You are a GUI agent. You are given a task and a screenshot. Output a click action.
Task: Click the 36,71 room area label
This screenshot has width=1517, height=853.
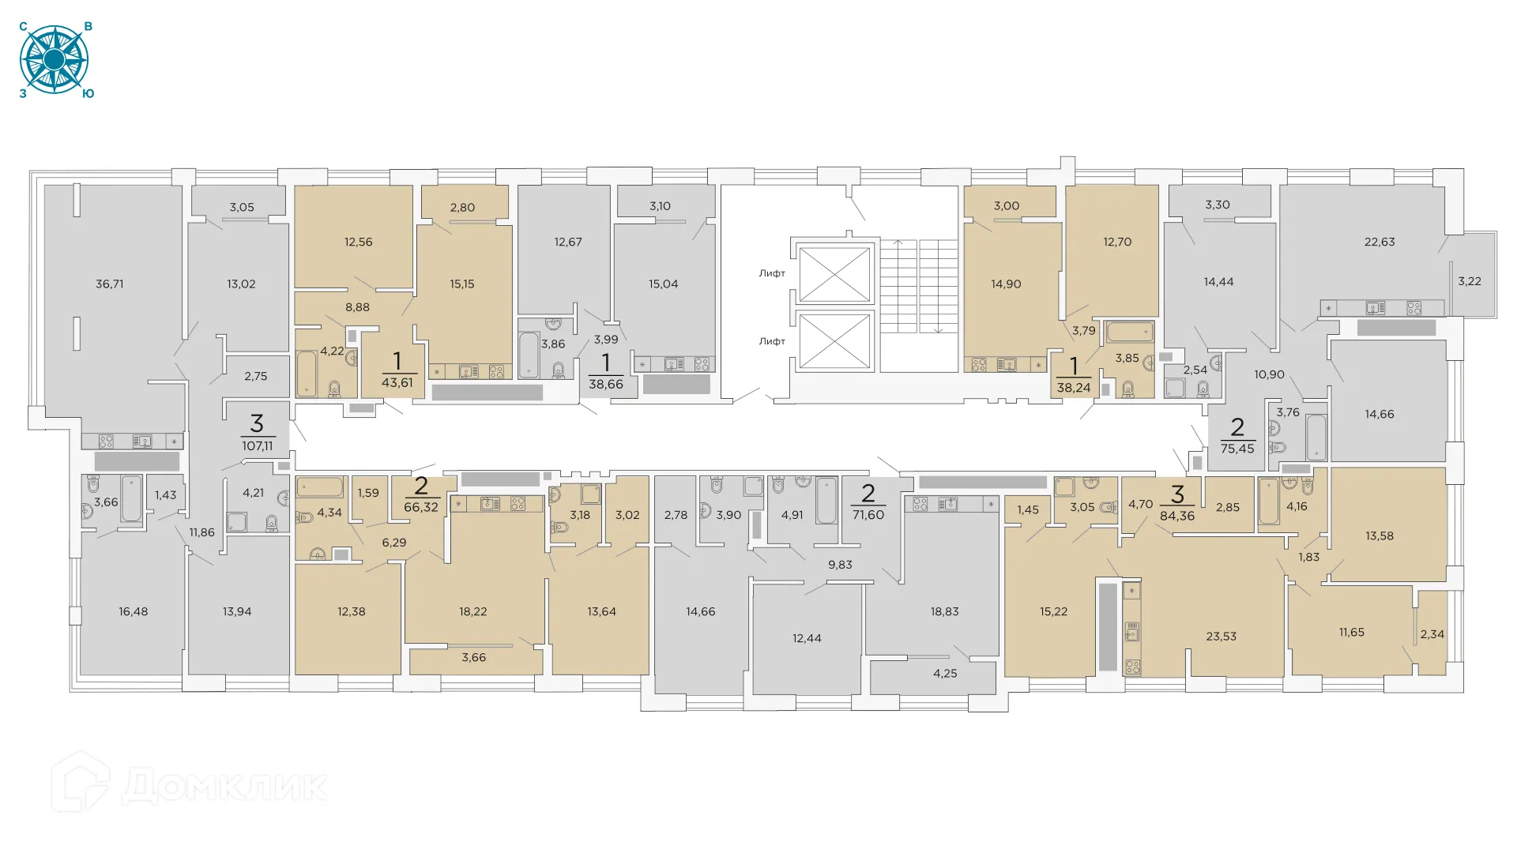coord(110,284)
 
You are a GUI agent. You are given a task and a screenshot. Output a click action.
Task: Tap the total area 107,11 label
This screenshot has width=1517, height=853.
coord(258,446)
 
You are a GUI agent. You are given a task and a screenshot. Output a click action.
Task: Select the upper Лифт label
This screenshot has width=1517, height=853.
coord(772,273)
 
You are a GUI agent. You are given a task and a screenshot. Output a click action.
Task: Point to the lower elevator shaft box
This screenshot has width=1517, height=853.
coord(834,341)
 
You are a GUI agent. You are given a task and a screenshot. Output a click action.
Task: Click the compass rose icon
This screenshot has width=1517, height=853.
coord(54,60)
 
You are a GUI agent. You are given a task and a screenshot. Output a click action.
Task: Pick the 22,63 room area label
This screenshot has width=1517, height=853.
coord(1380,242)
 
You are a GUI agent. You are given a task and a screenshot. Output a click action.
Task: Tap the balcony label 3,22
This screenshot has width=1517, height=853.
coord(1470,281)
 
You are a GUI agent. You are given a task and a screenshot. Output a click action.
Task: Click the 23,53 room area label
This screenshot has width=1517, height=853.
coord(1222,637)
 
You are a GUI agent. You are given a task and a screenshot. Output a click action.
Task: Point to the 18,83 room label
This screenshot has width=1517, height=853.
coord(945,612)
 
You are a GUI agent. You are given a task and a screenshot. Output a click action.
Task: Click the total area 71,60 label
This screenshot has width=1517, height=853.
coord(868,515)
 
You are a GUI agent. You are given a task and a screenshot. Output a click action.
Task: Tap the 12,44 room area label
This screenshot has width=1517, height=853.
coord(807,638)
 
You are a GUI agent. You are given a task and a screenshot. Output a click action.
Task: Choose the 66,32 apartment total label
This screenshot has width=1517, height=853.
coord(421,507)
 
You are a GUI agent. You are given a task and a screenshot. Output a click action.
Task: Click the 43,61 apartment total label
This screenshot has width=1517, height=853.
coord(397,383)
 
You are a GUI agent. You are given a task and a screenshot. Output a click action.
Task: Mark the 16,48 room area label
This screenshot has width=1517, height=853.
coord(134,612)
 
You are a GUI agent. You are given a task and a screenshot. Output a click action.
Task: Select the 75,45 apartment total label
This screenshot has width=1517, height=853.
coord(1237,449)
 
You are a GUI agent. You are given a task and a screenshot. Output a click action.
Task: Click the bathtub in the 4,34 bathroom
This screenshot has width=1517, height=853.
coord(320,487)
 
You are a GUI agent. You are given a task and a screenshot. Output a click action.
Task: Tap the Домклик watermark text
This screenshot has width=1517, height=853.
coord(225,787)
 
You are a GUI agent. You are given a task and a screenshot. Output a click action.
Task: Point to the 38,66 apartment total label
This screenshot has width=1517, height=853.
coord(606,385)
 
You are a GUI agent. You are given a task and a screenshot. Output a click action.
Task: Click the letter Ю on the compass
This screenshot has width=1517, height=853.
coord(88,94)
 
